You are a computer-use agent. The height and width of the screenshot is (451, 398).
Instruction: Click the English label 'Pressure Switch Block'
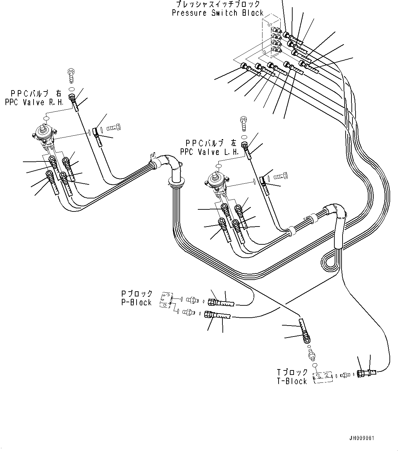coord(218,13)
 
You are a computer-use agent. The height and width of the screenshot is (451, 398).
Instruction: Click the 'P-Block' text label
coord(136,302)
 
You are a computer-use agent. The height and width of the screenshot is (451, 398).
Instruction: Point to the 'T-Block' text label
coord(292,381)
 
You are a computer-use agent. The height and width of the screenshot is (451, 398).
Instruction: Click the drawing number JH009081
coord(371,438)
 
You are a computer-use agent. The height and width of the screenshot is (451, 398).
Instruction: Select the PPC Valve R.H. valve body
coord(45,137)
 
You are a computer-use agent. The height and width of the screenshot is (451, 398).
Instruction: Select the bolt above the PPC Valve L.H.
coord(244,123)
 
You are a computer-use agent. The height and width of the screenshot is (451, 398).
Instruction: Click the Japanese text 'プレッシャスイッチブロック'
coord(218,4)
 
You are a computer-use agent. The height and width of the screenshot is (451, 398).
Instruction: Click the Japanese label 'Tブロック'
coord(292,372)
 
